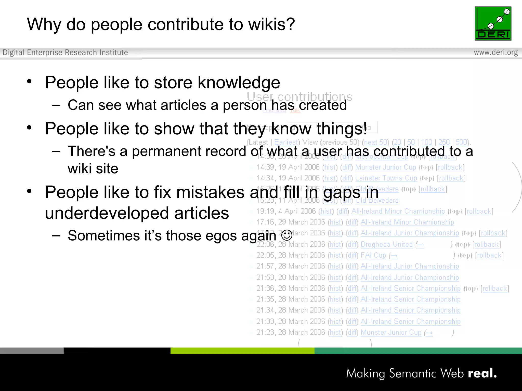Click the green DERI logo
click(x=493, y=23)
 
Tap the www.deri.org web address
click(x=495, y=52)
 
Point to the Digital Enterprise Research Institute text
click(x=65, y=52)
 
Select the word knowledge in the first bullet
click(x=239, y=83)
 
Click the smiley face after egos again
click(x=287, y=235)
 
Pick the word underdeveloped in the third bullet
click(x=107, y=213)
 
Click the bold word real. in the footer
click(x=482, y=373)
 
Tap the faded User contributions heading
click(x=299, y=97)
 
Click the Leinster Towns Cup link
click(x=386, y=178)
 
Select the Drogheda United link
click(x=386, y=244)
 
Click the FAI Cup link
click(x=373, y=255)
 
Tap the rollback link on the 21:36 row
click(x=494, y=288)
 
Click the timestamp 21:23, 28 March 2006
click(x=291, y=332)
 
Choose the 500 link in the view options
click(x=461, y=142)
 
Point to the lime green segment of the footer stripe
click(x=242, y=351)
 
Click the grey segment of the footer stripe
click(x=32, y=351)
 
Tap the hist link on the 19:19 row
click(x=326, y=211)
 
